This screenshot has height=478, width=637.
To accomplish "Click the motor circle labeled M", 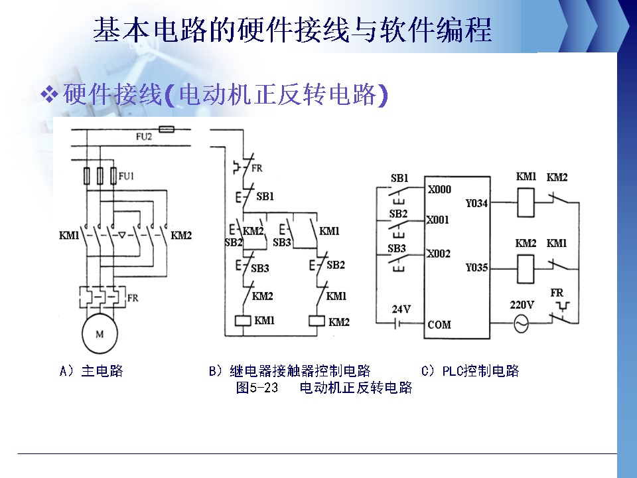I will pos(100,334).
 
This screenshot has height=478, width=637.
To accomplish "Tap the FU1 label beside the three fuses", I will pos(127,176).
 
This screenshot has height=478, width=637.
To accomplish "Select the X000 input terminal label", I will pos(439,190).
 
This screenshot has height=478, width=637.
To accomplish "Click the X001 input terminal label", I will pos(438,219).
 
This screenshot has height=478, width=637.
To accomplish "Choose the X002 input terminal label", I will pos(439,254).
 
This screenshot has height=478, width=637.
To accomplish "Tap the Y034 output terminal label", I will pos(476,204).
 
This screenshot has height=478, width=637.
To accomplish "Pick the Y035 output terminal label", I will pos(476,268).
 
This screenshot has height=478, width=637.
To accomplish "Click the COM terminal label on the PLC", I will pos(439,325).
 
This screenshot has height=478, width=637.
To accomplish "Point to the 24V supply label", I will pos(401,309).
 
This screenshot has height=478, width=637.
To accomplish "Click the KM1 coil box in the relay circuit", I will pos(242,321).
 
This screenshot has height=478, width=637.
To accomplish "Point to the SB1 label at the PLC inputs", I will pos(399,179).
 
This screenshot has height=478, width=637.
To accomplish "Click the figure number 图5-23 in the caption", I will pos(257,388).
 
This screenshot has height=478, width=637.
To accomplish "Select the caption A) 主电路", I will pos(92,371).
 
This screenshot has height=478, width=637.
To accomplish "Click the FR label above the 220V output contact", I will pos(557,293).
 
